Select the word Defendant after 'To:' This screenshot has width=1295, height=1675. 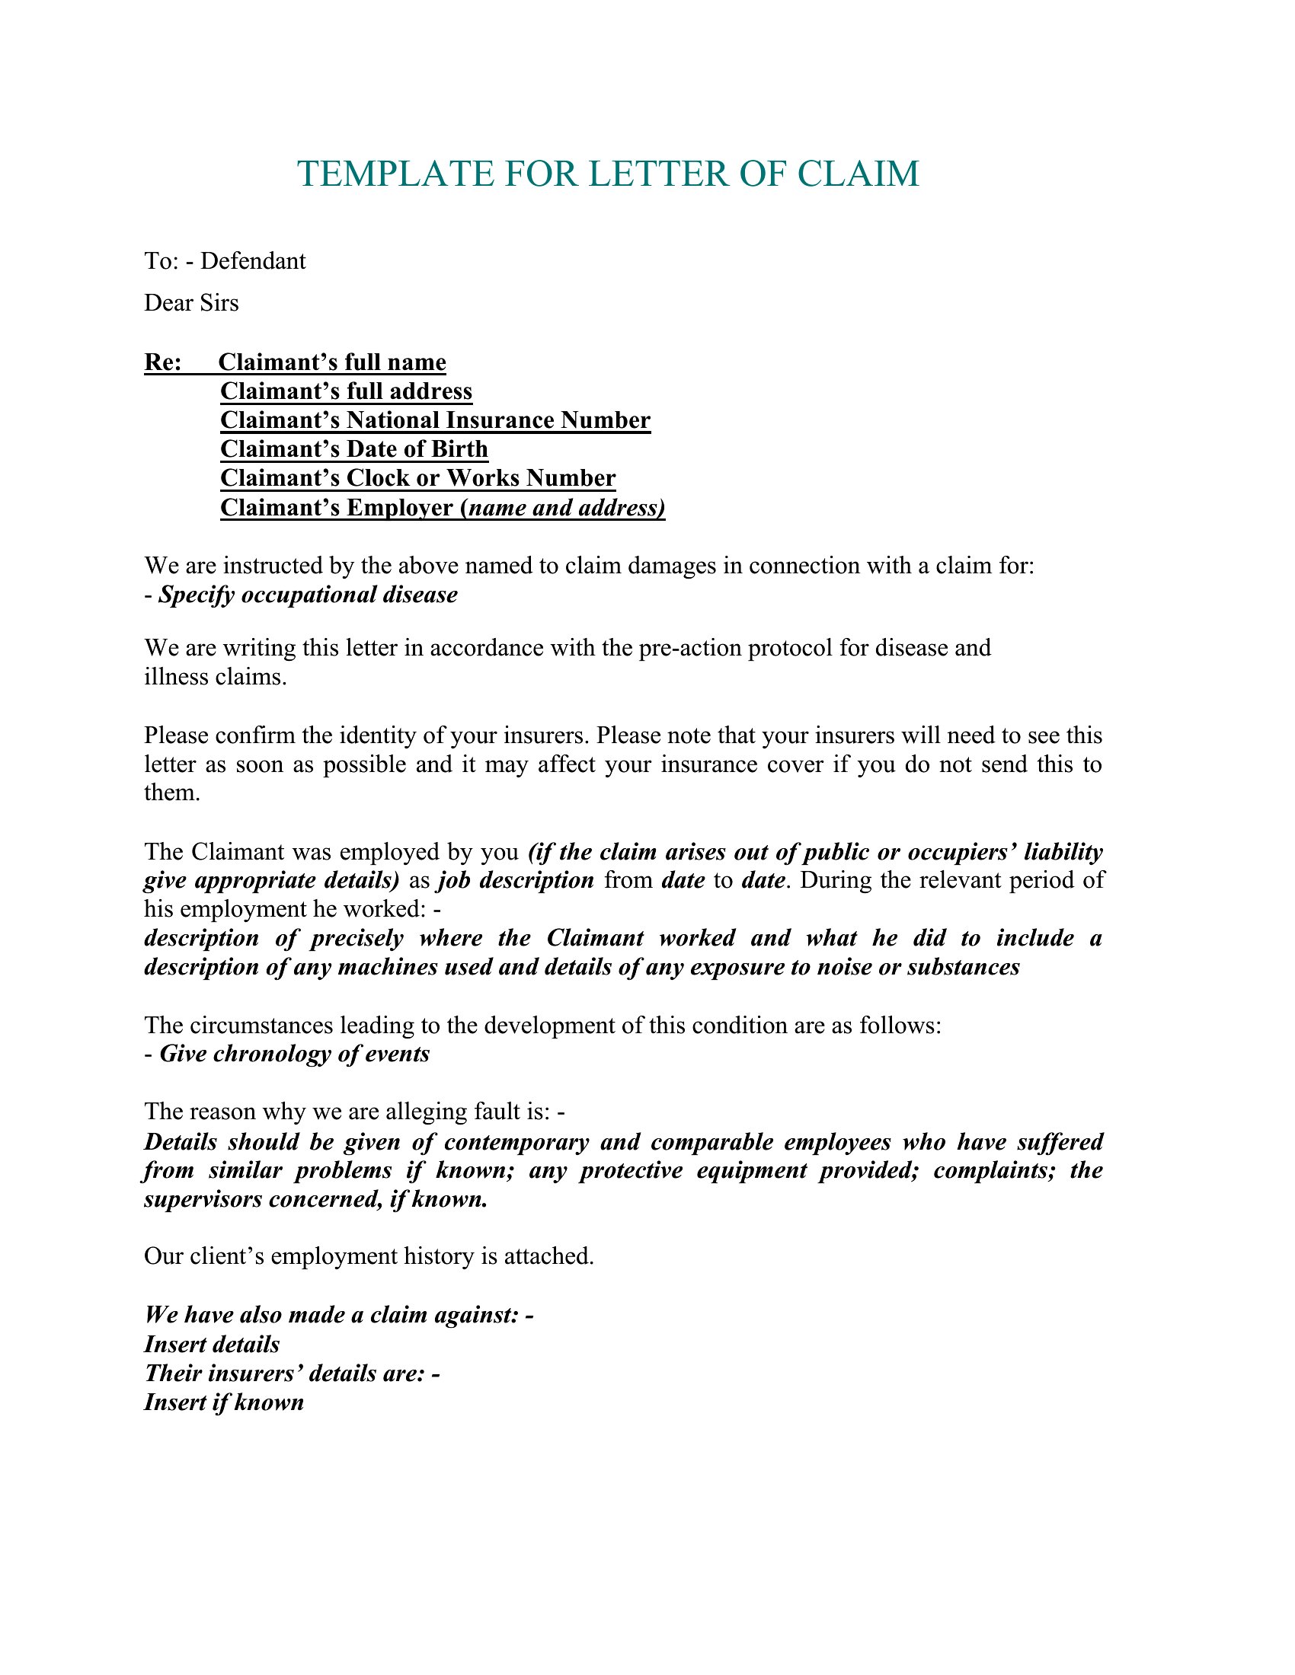point(252,261)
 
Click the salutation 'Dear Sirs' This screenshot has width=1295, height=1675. point(191,303)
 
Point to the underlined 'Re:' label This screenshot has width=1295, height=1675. point(163,362)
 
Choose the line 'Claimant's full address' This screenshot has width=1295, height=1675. point(346,391)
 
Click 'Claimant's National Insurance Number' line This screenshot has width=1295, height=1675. point(435,420)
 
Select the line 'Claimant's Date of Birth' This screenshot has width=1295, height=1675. point(353,448)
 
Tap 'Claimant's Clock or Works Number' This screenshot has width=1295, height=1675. point(417,478)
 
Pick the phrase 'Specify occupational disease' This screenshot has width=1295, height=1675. point(308,595)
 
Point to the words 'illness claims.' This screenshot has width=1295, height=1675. point(215,677)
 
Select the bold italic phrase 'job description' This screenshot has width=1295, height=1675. point(516,879)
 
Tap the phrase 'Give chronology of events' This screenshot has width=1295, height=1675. point(295,1054)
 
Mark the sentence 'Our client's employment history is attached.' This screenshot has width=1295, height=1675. point(369,1256)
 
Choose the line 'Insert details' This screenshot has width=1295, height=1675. point(212,1345)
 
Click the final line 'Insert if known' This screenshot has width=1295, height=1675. point(224,1402)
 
